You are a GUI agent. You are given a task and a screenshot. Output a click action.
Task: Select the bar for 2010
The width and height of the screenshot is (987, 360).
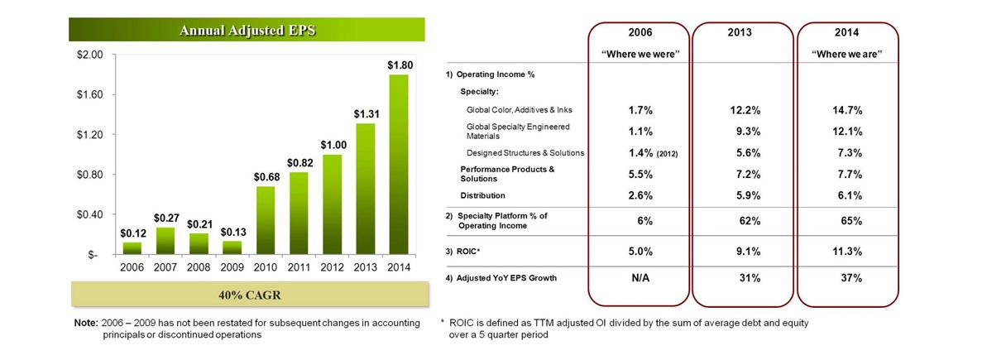tap(266, 220)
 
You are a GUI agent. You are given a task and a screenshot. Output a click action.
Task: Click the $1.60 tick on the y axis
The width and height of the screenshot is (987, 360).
tap(89, 95)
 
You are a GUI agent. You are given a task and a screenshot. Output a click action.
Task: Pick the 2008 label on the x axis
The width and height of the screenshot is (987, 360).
tap(199, 267)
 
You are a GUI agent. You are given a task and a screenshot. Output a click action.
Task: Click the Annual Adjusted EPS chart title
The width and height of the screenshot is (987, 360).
tap(247, 31)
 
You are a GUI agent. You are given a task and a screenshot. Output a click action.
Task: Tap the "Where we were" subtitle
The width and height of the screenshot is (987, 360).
tap(638, 54)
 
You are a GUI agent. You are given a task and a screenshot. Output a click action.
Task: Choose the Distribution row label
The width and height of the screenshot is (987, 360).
tap(482, 195)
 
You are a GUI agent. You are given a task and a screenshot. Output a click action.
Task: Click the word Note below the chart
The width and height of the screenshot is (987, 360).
tap(85, 322)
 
